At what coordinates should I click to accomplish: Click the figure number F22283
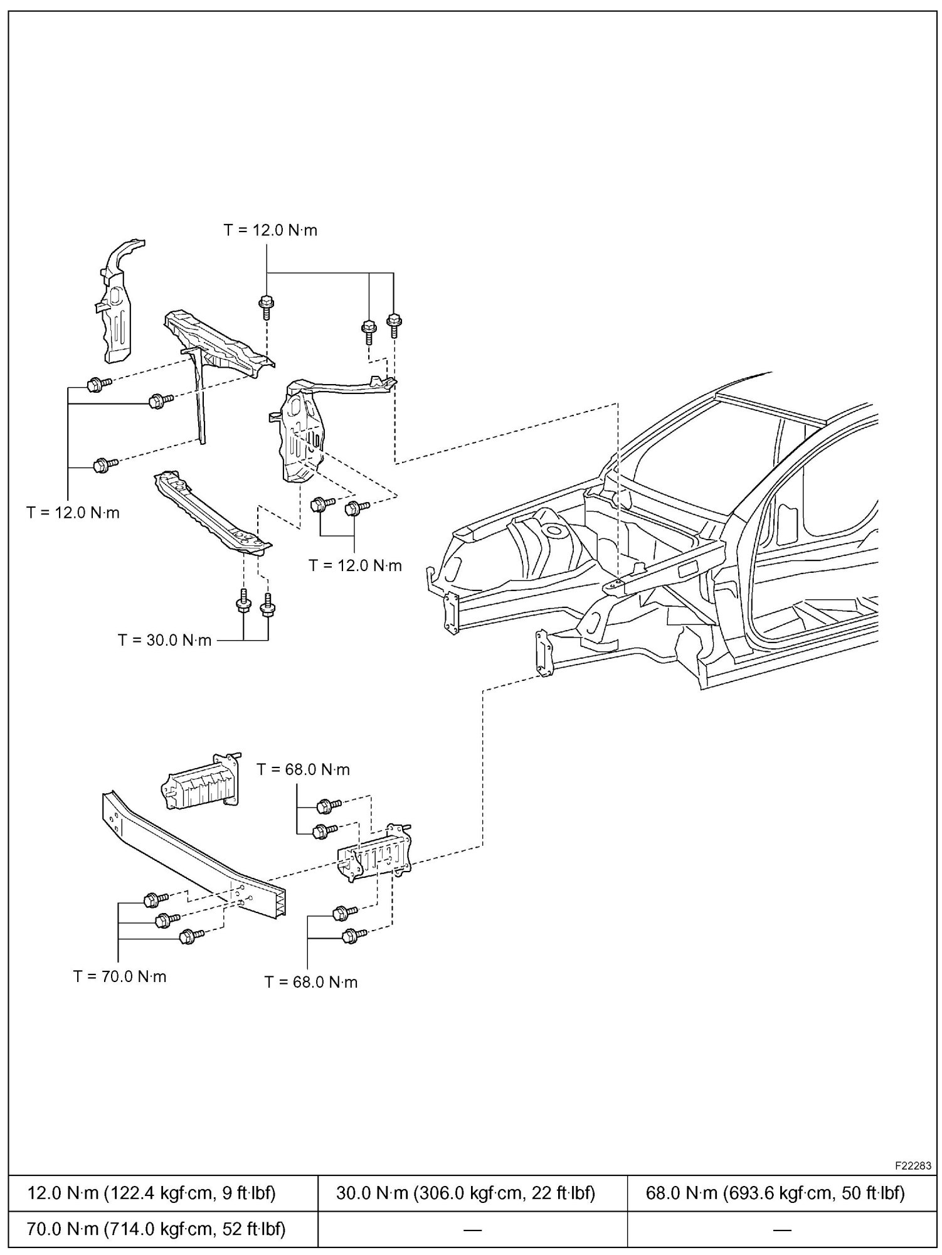click(x=913, y=1166)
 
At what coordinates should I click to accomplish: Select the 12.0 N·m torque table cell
click(x=151, y=1193)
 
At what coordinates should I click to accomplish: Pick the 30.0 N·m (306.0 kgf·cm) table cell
click(x=465, y=1193)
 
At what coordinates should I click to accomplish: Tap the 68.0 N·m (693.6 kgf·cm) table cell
click(x=775, y=1193)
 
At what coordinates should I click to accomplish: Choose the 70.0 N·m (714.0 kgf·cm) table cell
click(x=156, y=1229)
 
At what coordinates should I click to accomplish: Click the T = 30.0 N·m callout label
click(x=164, y=641)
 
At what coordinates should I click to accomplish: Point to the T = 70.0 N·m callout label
click(x=120, y=976)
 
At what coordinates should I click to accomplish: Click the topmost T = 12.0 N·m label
click(x=270, y=230)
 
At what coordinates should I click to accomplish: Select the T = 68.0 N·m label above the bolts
click(x=303, y=769)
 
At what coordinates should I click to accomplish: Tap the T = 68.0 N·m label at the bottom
click(x=310, y=982)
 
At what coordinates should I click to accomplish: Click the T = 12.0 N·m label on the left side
click(x=73, y=513)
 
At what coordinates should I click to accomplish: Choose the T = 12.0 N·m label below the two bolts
click(x=355, y=566)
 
